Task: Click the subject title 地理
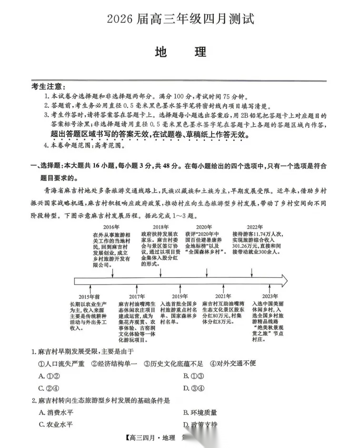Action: point(180,51)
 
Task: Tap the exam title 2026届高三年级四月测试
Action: point(180,19)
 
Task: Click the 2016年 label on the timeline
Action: point(111,226)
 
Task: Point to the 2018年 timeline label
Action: point(161,226)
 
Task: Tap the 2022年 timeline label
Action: point(255,226)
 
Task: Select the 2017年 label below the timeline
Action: point(136,296)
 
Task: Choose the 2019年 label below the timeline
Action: point(180,296)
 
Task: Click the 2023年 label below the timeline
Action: point(270,296)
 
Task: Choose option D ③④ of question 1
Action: point(193,388)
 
